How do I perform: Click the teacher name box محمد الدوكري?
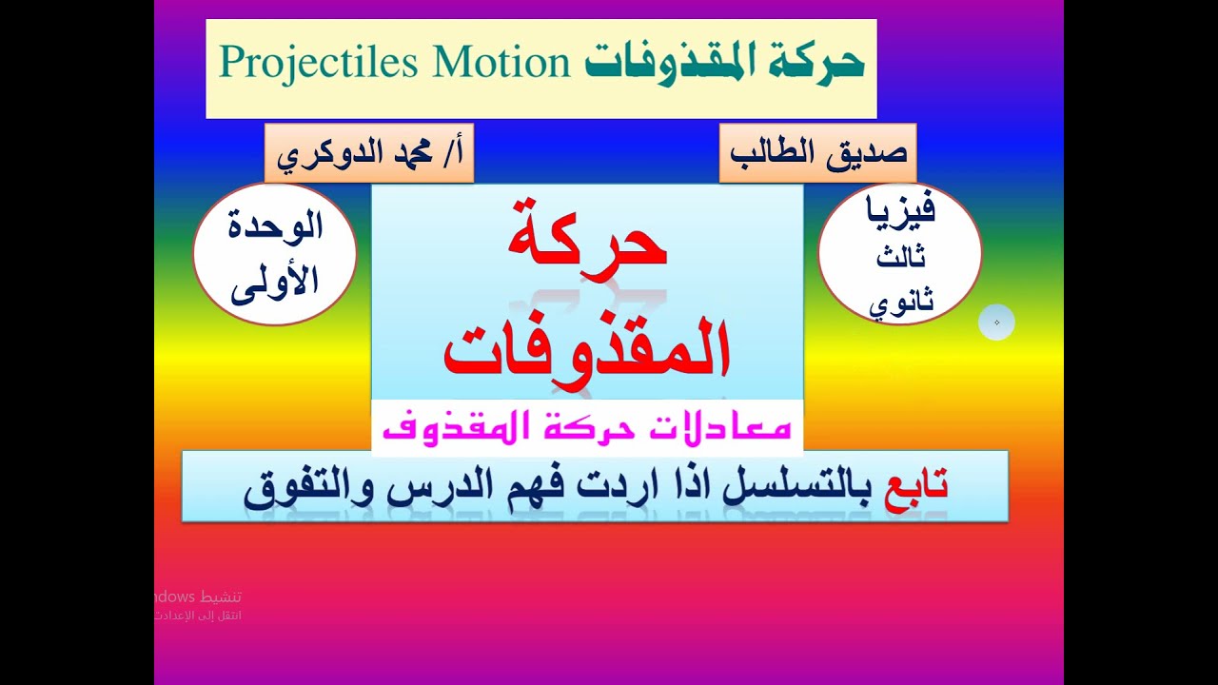pyautogui.click(x=369, y=153)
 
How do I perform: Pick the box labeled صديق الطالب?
pyautogui.click(x=816, y=153)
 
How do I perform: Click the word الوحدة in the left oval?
pyautogui.click(x=277, y=228)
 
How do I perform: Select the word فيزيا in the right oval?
pyautogui.click(x=898, y=209)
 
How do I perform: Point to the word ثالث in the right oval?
pyautogui.click(x=900, y=257)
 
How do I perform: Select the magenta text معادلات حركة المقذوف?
pyautogui.click(x=586, y=427)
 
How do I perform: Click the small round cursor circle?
pyautogui.click(x=996, y=323)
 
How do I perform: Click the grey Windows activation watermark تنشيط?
pyautogui.click(x=220, y=597)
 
